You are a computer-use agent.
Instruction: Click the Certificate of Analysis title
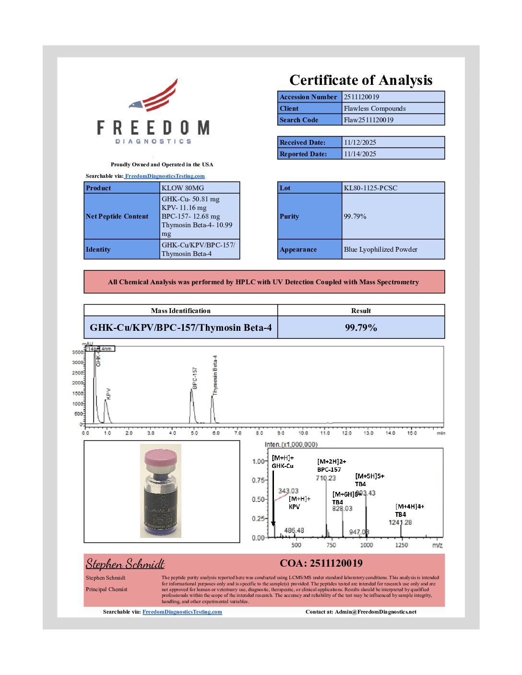point(361,80)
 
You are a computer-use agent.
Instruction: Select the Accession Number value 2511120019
point(361,97)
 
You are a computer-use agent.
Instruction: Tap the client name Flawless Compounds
point(375,108)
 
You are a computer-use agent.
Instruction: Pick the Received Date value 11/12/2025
point(360,142)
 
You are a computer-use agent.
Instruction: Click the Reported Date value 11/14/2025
point(360,154)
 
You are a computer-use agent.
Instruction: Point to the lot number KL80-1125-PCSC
point(370,188)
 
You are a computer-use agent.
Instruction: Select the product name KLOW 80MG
point(183,188)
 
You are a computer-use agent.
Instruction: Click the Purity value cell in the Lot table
point(355,216)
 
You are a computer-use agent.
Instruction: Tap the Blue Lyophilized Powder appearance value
point(380,249)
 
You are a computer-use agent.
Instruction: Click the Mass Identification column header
point(180,311)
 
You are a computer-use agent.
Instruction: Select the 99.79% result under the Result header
point(361,328)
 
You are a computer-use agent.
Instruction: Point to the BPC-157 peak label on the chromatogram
point(195,378)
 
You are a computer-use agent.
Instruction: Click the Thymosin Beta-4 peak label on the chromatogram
point(215,375)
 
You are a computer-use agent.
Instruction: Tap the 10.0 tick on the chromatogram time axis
point(303,433)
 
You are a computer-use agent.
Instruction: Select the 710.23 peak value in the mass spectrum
point(326,478)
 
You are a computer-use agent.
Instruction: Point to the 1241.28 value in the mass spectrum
point(400,522)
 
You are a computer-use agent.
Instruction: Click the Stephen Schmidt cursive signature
point(125,564)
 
